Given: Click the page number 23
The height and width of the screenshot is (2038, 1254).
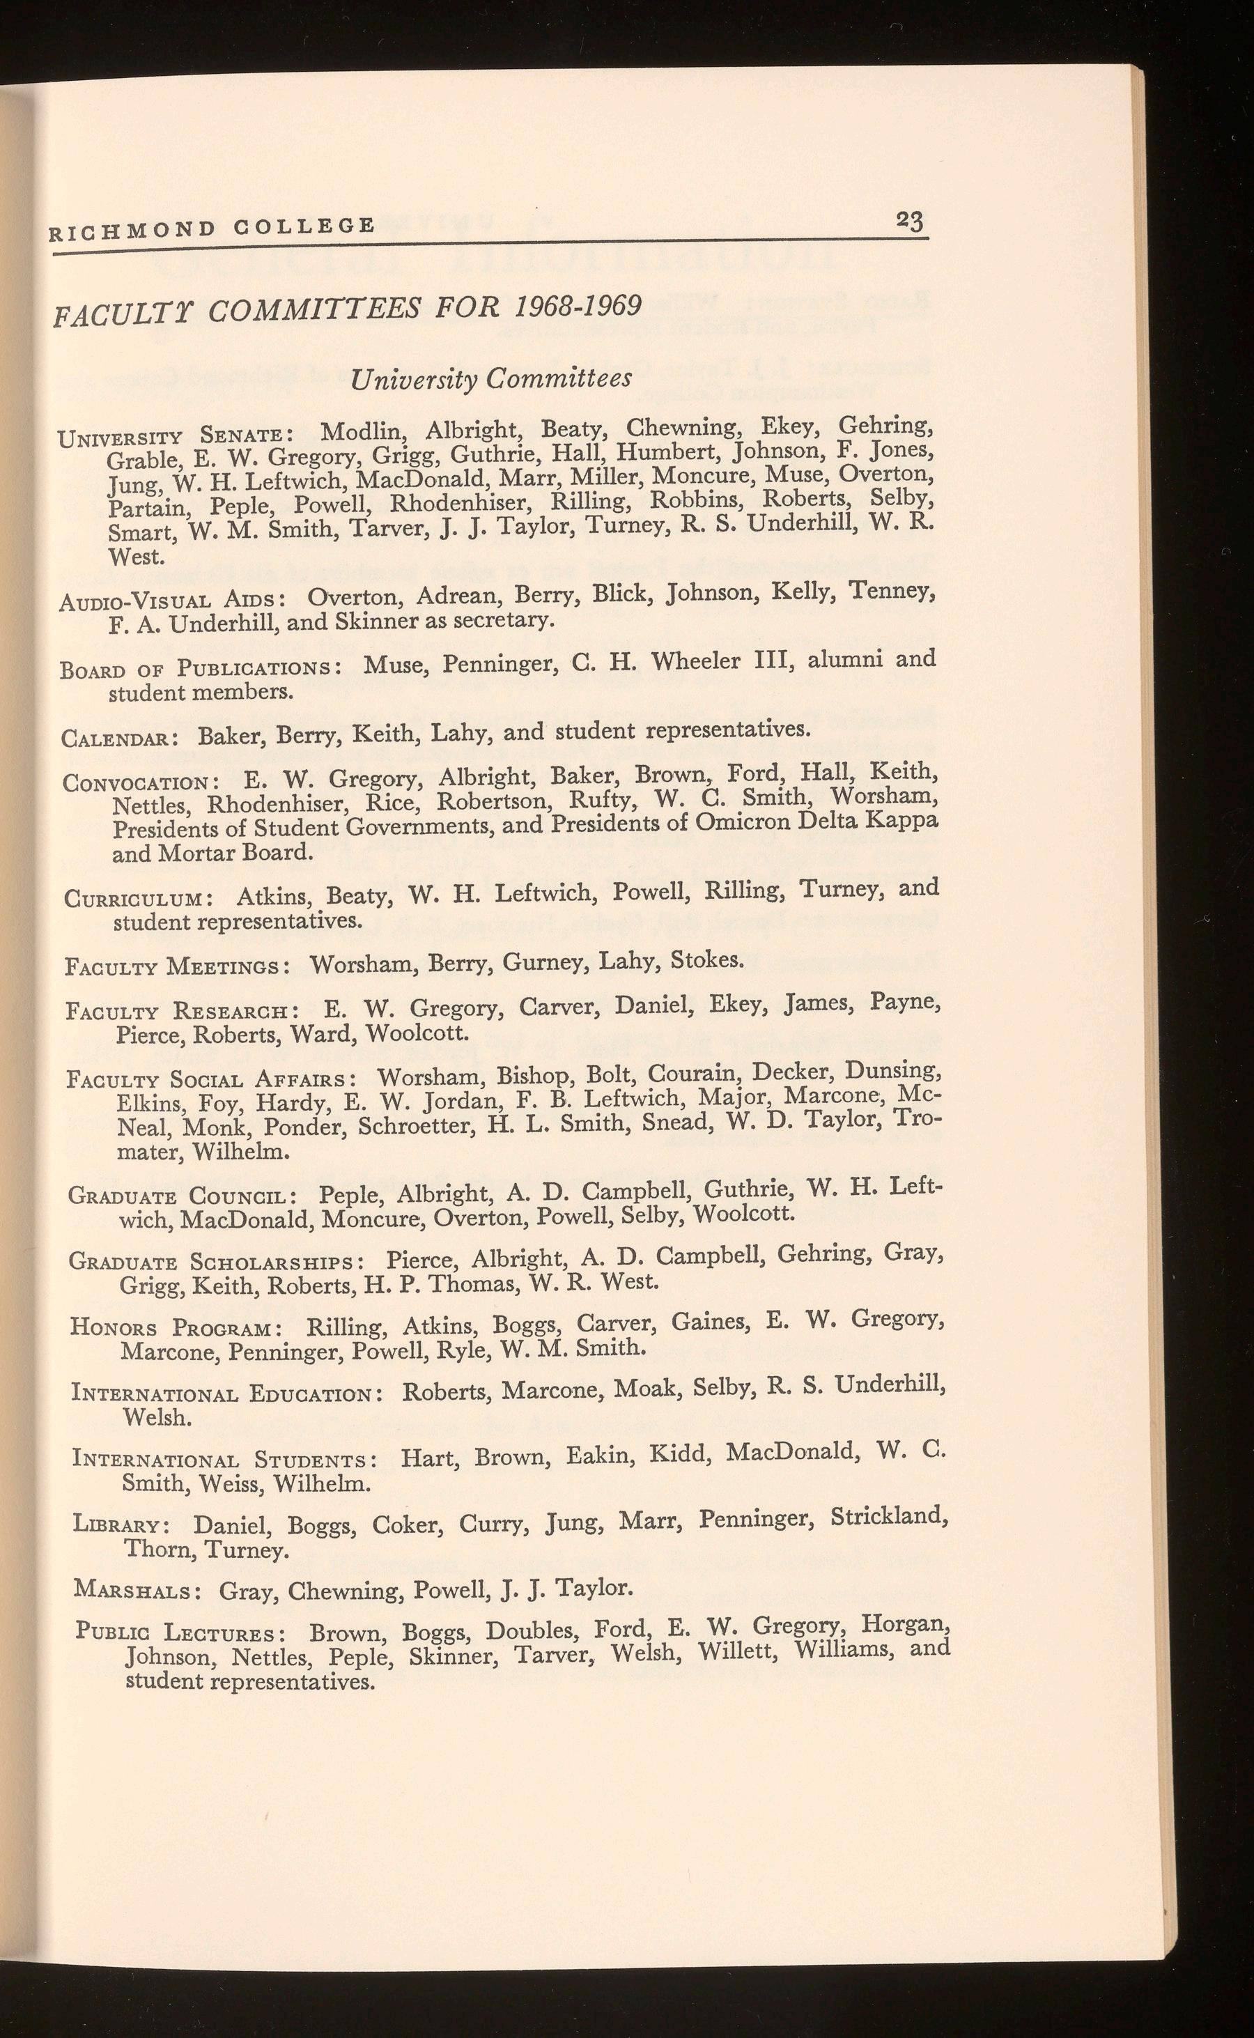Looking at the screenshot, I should pyautogui.click(x=909, y=222).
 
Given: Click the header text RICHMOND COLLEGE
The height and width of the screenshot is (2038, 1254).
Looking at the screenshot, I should pyautogui.click(x=212, y=227).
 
